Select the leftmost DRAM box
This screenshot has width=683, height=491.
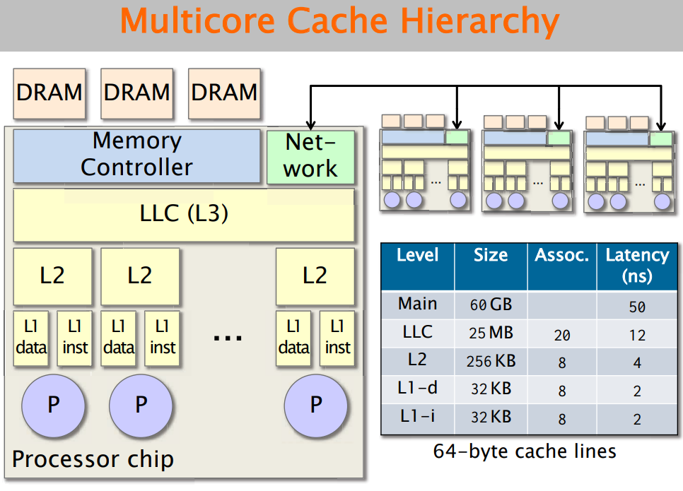pyautogui.click(x=49, y=93)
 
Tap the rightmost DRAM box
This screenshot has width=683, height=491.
pyautogui.click(x=224, y=93)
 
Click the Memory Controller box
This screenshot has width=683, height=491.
pyautogui.click(x=136, y=155)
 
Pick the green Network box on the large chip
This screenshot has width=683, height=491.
pyautogui.click(x=310, y=156)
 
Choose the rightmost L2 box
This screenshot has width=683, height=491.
pyautogui.click(x=315, y=276)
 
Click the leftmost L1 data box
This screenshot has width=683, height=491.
pyautogui.click(x=31, y=337)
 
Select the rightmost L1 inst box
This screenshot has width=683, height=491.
pyautogui.click(x=337, y=337)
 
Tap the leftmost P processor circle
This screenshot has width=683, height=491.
pyautogui.click(x=53, y=405)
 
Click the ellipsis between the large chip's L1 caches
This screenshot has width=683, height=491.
pyautogui.click(x=228, y=337)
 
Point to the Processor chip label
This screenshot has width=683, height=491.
pyautogui.click(x=93, y=460)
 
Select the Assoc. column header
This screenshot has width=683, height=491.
pyautogui.click(x=562, y=256)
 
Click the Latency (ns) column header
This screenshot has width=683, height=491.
pyautogui.click(x=637, y=265)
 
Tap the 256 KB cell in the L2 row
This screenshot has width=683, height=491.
pyautogui.click(x=491, y=362)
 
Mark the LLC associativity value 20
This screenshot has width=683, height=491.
pyautogui.click(x=562, y=335)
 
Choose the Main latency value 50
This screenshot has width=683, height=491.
pyautogui.click(x=637, y=306)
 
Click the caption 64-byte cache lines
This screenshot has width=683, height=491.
pyautogui.click(x=525, y=451)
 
